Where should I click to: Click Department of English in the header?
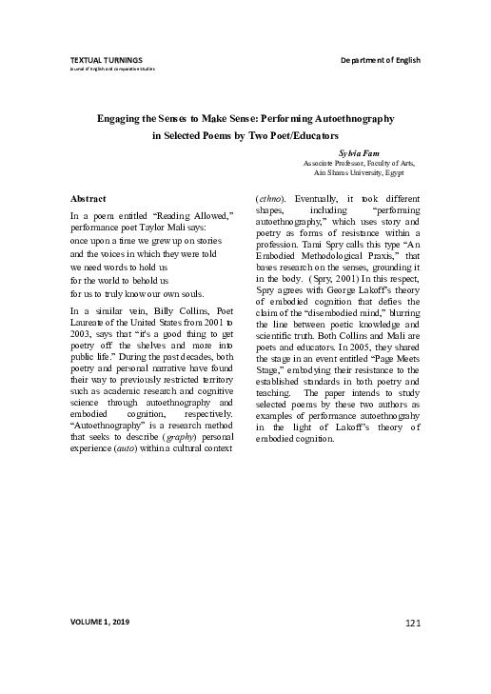[381, 60]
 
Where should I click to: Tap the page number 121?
[412, 622]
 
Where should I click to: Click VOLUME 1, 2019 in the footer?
[100, 622]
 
